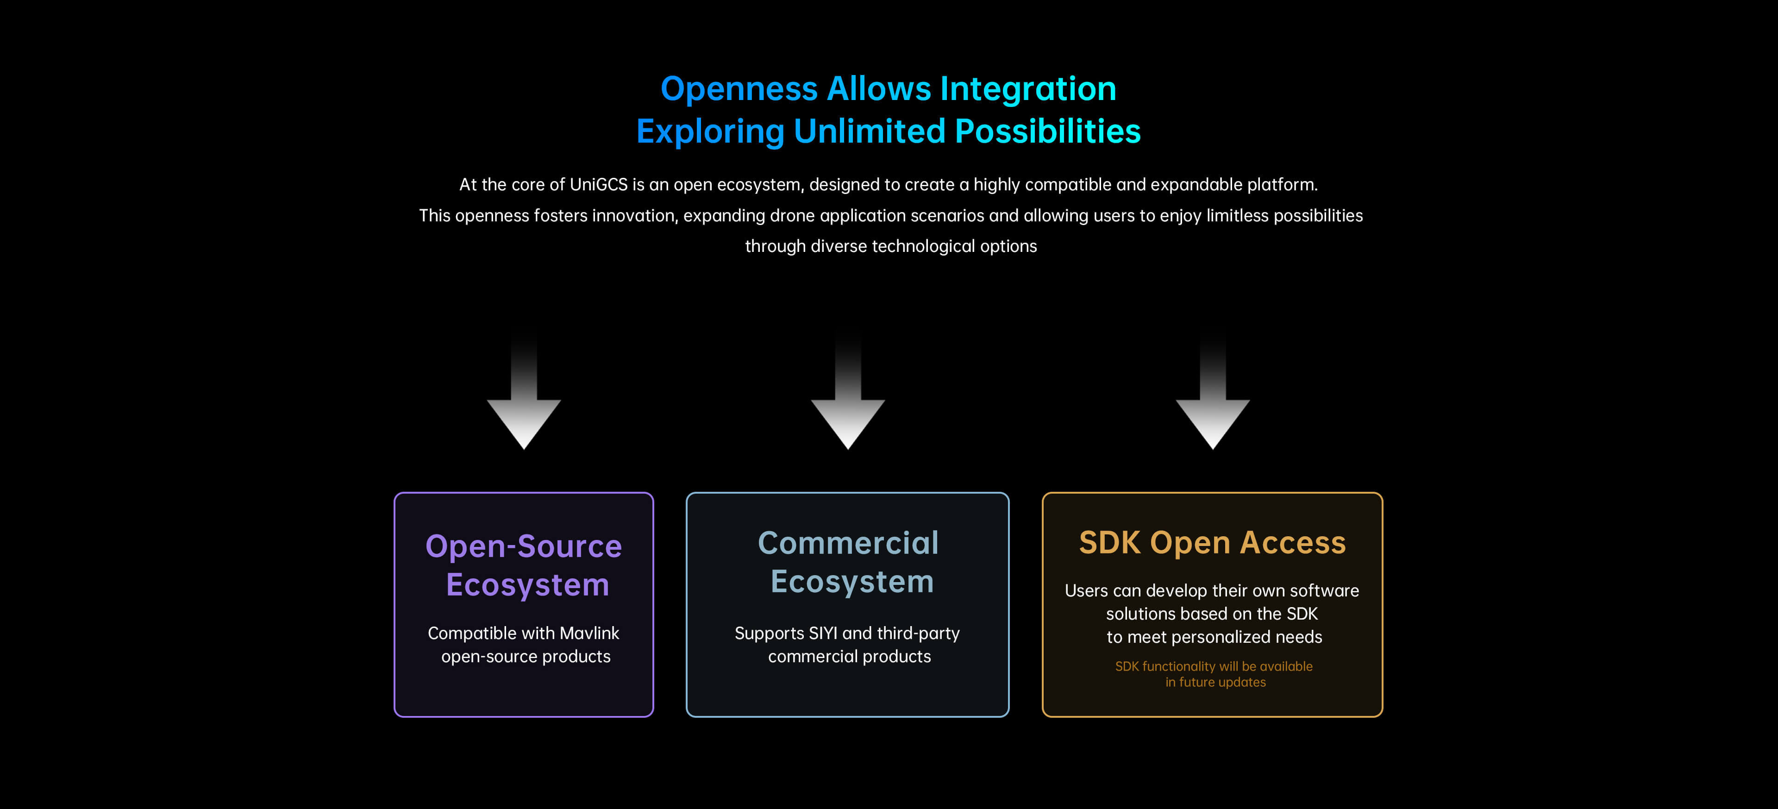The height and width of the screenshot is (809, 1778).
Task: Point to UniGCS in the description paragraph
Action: pyautogui.click(x=598, y=185)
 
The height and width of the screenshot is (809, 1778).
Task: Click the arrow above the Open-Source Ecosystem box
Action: pyautogui.click(x=524, y=414)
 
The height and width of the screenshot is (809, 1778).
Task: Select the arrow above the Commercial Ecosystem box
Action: pyautogui.click(x=848, y=414)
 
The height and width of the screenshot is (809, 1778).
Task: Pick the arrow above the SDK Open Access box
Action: pyautogui.click(x=1213, y=414)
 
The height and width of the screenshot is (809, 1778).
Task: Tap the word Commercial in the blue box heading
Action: pyautogui.click(x=848, y=543)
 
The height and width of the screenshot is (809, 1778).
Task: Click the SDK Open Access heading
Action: pyautogui.click(x=1212, y=543)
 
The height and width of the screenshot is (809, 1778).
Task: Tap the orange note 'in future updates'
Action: pyautogui.click(x=1215, y=683)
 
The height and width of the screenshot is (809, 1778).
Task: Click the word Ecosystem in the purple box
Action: pyautogui.click(x=527, y=585)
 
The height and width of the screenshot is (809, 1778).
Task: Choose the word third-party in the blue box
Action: pyautogui.click(x=918, y=633)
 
